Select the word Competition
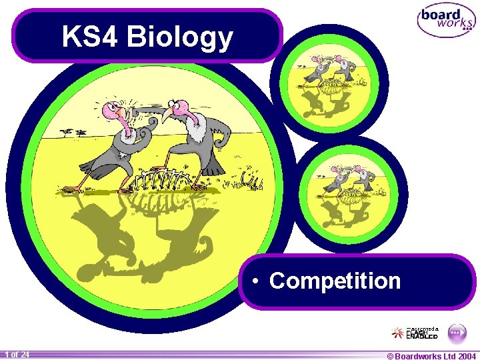pos(335,281)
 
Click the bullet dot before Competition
pos(256,281)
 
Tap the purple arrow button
pos(456,331)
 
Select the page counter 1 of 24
pos(16,355)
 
